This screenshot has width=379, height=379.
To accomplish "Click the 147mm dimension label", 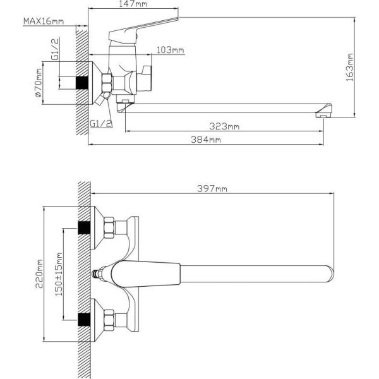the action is point(133,4).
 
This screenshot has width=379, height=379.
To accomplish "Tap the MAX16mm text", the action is point(44,21).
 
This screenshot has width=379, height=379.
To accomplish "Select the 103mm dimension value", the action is point(171,50).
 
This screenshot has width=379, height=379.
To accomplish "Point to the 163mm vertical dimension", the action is point(350,67).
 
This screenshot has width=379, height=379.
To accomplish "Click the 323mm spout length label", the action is point(224,126).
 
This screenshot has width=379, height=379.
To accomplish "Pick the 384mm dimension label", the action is point(206,140).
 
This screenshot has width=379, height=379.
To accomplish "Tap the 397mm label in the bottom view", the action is point(212,188).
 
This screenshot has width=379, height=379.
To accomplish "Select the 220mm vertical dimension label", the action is point(39,274).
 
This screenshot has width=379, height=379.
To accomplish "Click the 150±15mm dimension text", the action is point(59,274).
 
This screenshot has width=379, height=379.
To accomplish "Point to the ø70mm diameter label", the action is point(39,83).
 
